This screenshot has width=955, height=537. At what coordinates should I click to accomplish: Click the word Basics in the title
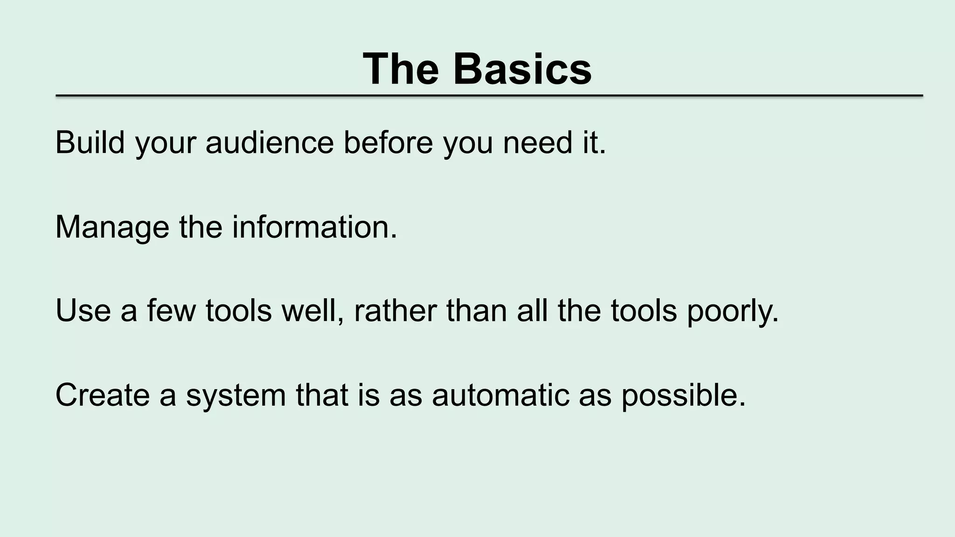click(x=522, y=69)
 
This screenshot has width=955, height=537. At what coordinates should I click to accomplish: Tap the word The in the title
click(x=401, y=69)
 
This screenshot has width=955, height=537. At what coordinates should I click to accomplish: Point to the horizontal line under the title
click(x=489, y=96)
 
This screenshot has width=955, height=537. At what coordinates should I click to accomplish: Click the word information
click(x=315, y=227)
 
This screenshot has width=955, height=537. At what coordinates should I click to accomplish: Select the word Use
click(x=83, y=311)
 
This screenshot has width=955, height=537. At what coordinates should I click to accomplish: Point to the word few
click(x=171, y=311)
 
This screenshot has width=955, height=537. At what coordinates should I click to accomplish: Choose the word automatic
click(x=501, y=395)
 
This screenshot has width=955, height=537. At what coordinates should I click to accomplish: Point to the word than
click(x=477, y=311)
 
